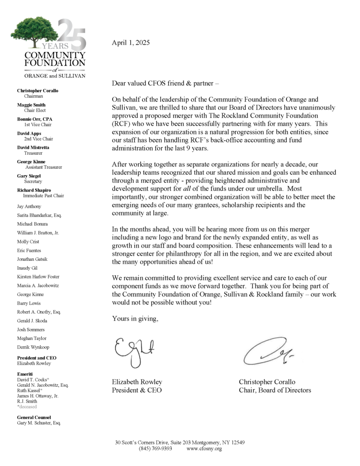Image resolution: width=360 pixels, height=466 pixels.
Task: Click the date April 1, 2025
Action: pos(130,43)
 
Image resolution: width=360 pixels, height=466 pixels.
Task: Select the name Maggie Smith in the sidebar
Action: pos(31,105)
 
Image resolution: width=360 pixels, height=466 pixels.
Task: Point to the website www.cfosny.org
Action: pos(204,449)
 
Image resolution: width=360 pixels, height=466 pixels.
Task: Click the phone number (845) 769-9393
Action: pos(155,449)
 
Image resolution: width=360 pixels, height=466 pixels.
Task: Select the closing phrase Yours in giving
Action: pos(135,319)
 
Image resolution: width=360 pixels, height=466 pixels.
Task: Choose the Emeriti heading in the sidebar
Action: pos(25,374)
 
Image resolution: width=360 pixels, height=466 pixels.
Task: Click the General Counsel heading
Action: pos(34,417)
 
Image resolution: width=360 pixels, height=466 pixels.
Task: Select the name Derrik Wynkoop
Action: pos(33,347)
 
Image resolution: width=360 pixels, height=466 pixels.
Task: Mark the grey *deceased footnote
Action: pos(27,406)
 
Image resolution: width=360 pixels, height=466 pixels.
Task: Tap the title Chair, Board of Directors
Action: pos(275,390)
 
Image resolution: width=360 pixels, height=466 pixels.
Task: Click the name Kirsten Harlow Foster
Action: pos(38,277)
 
